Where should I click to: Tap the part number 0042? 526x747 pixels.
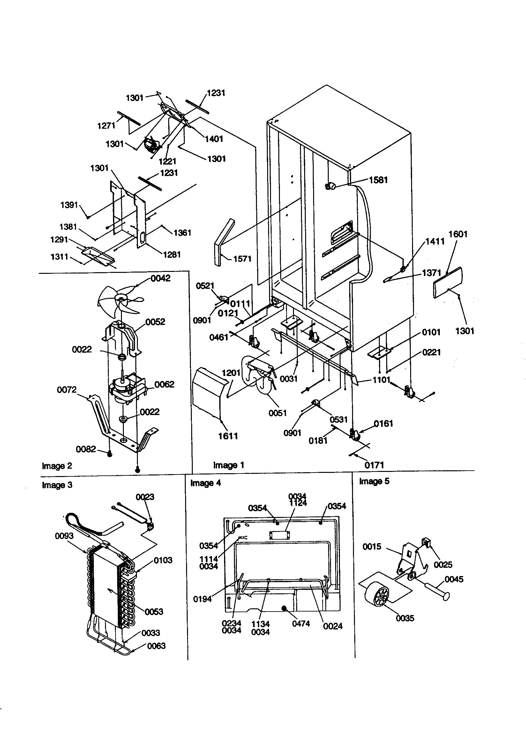160,278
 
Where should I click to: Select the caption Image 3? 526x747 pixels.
57,485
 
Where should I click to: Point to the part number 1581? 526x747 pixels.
378,180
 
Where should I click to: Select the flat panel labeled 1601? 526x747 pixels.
448,282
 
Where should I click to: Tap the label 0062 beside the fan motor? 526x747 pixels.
164,384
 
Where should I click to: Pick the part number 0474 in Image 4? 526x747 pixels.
301,624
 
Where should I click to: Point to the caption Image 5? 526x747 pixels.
374,481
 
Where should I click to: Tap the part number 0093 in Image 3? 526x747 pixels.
64,536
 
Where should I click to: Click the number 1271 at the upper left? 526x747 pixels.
106,126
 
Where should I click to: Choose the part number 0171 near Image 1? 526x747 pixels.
374,465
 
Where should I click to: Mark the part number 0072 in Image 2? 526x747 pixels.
67,389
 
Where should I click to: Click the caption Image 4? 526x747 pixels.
206,483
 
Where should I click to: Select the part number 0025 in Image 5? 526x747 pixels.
443,565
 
